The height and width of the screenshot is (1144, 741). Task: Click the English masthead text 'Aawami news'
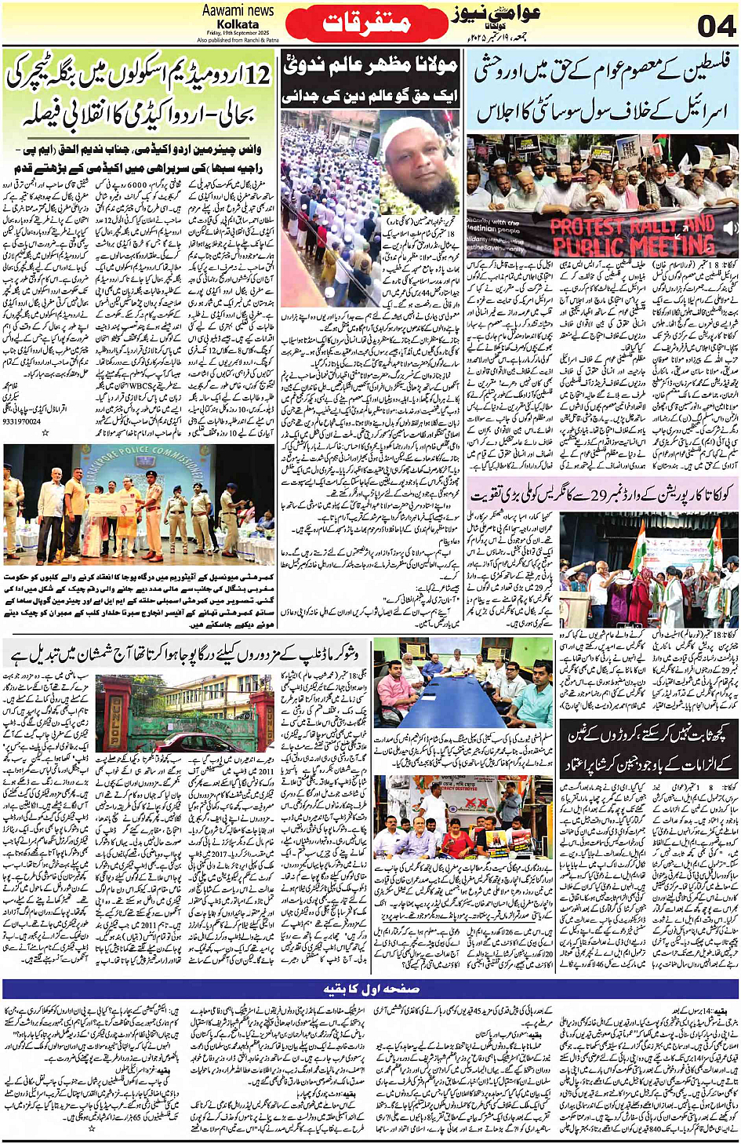tap(238, 10)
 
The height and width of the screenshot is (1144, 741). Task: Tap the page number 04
tap(716, 25)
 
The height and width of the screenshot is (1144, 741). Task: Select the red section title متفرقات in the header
tap(367, 23)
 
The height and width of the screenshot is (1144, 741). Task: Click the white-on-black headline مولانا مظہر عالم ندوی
tap(370, 66)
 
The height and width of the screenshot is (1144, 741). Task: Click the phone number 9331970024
tap(22, 422)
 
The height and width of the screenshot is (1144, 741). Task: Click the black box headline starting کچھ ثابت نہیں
tap(647, 748)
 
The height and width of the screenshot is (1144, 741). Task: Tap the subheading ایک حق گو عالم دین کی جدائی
tap(370, 97)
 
